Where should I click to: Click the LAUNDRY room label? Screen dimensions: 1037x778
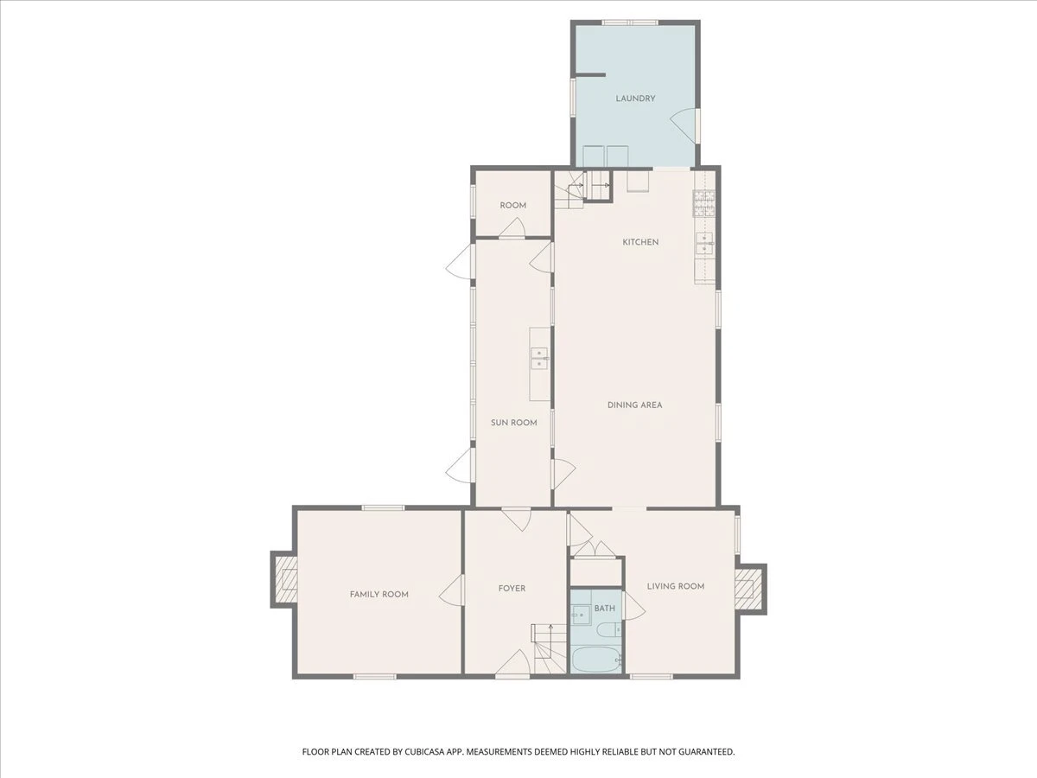[635, 99]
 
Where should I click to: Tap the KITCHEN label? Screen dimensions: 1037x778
[640, 242]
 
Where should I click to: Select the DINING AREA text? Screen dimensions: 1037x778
[634, 405]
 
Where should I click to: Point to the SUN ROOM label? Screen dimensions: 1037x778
[513, 423]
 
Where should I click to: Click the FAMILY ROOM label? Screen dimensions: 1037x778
[379, 594]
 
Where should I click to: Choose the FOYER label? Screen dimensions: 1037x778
[512, 589]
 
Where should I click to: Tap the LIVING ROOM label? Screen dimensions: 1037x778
[676, 586]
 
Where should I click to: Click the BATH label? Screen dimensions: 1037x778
[605, 609]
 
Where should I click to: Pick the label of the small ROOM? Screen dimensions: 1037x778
[513, 206]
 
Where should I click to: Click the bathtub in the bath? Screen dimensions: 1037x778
[595, 660]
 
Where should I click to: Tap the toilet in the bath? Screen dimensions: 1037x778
[609, 630]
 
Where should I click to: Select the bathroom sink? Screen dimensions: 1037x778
[580, 615]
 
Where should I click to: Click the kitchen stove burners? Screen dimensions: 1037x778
[704, 203]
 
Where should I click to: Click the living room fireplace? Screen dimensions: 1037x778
[750, 589]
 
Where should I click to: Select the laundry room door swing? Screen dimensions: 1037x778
[684, 125]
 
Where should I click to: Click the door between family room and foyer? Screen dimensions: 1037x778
[451, 590]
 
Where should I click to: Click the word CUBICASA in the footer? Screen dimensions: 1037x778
[426, 751]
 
